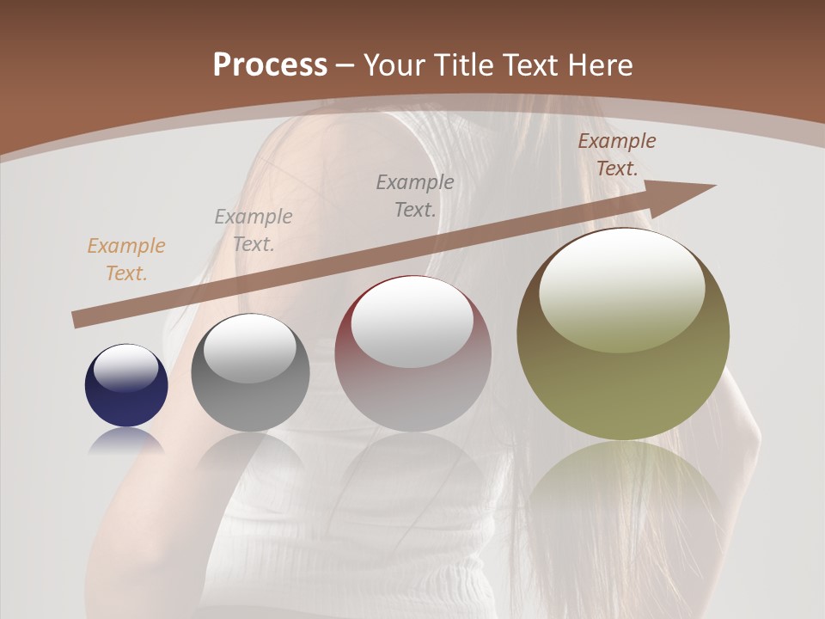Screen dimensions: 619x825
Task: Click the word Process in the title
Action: coord(270,65)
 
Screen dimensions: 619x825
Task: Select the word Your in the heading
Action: coord(396,65)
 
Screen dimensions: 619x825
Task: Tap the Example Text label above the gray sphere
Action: coord(254,230)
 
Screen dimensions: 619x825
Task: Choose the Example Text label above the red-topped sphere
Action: coord(415,195)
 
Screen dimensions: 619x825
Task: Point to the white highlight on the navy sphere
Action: coord(126,368)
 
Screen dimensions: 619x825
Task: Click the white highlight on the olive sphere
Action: coord(621,291)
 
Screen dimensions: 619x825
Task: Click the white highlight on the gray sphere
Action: coord(250,348)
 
